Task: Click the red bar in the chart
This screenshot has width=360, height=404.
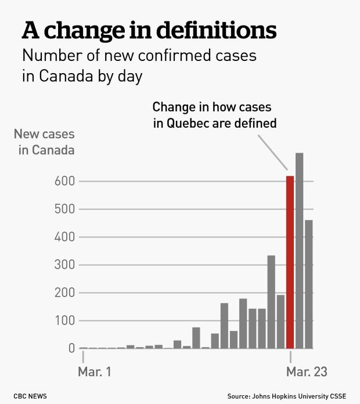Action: coord(290,261)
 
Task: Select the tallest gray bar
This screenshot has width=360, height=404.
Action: coord(300,250)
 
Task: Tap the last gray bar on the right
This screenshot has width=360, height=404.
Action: coord(309,284)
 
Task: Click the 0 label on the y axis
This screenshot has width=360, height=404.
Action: coord(71,348)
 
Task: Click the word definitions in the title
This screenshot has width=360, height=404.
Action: coord(213,30)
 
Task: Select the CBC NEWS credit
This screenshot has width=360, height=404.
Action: coord(30,396)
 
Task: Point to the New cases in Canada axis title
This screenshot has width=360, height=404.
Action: coord(44,142)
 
